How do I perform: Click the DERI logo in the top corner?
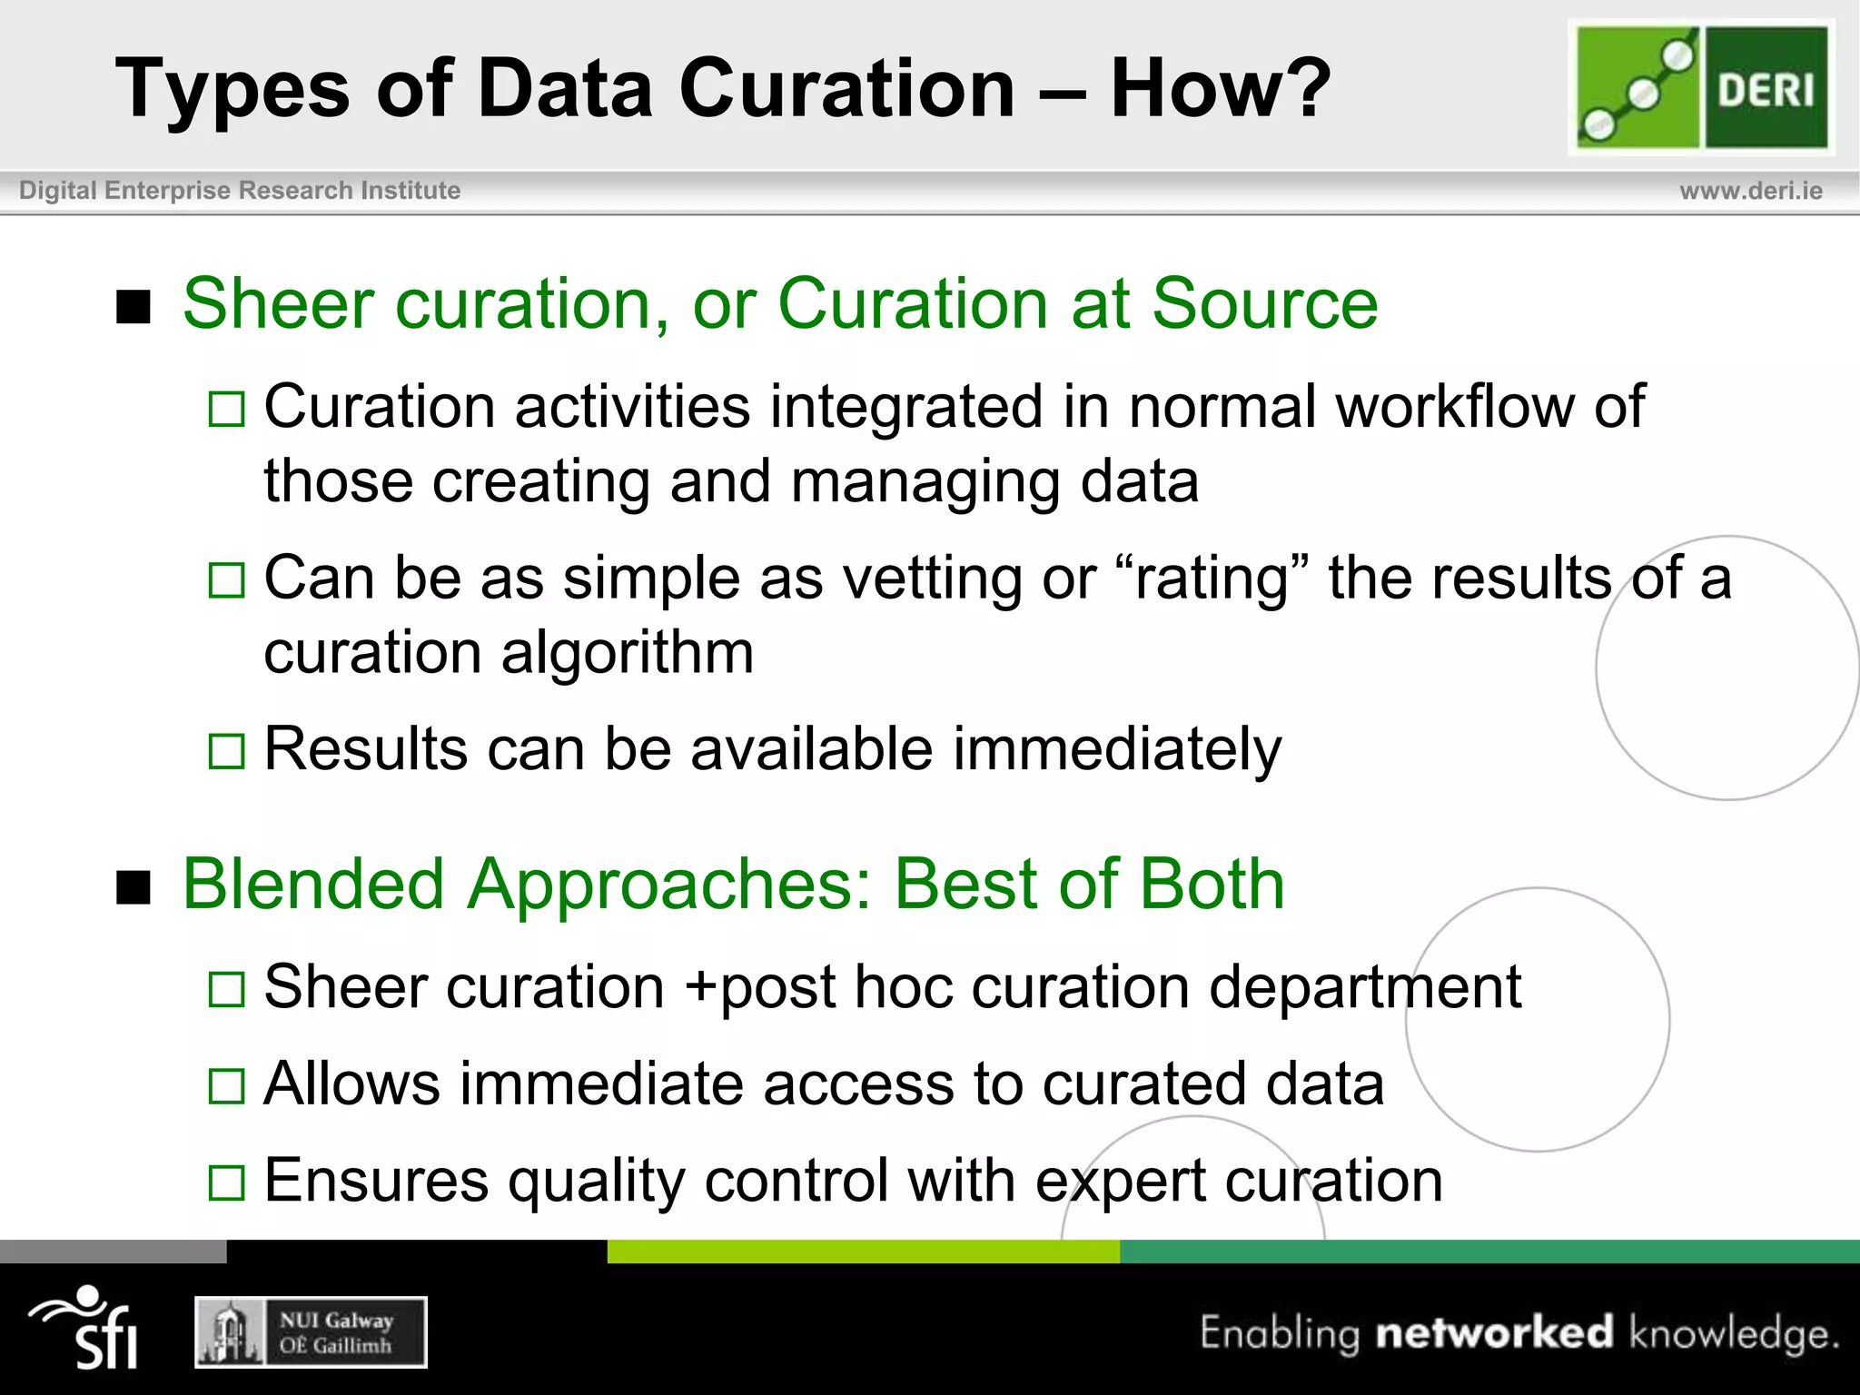[1701, 87]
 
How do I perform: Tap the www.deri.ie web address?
[1750, 191]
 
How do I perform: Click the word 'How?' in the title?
[1220, 88]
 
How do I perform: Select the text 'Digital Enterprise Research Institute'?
[240, 191]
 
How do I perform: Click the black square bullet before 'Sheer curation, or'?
[134, 307]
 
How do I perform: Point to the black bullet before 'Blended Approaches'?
[134, 887]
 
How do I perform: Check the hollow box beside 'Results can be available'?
[226, 751]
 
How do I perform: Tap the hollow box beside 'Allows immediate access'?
[226, 1085]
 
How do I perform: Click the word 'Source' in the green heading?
[1264, 303]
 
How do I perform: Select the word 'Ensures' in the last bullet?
[376, 1181]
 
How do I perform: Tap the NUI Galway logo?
[311, 1332]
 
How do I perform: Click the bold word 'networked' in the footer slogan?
[1494, 1332]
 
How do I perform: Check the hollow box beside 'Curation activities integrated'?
[226, 409]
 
